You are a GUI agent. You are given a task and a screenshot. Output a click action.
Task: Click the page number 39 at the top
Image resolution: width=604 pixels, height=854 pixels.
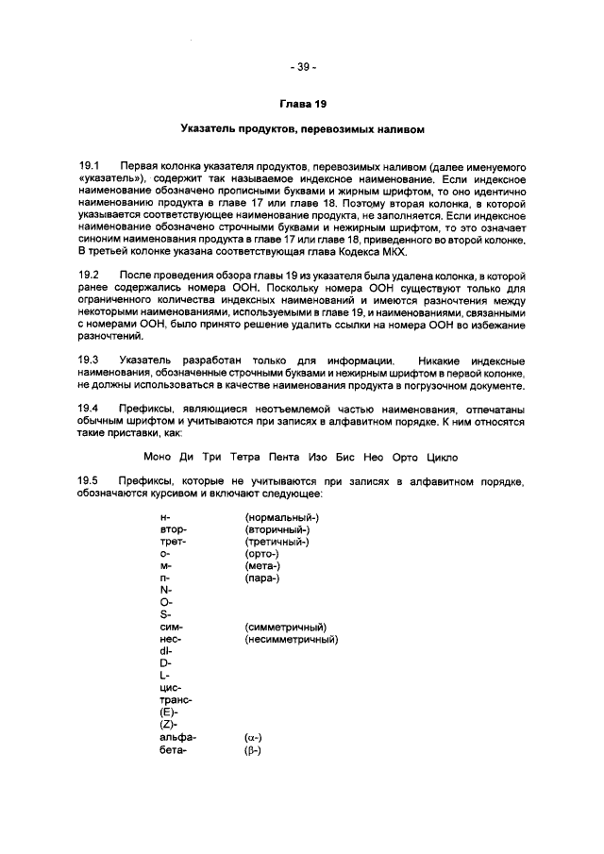pos(302,67)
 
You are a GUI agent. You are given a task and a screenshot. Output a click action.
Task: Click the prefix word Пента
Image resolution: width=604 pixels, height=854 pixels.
pos(287,458)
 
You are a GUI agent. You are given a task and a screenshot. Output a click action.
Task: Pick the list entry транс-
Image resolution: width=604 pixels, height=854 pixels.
pos(176,700)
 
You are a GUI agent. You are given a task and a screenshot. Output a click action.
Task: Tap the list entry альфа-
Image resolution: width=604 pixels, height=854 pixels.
pos(178,737)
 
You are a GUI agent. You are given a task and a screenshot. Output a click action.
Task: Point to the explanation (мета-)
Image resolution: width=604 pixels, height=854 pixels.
pos(262,566)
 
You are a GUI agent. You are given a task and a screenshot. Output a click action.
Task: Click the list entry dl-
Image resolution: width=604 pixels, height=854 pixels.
pos(166,651)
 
